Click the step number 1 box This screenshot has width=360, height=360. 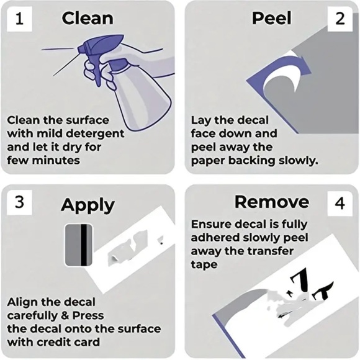[x=19, y=19]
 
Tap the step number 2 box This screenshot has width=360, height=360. [x=340, y=19]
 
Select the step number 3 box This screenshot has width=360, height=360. [x=19, y=202]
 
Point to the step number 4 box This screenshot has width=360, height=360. [x=340, y=203]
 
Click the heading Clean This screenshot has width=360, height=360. [x=88, y=19]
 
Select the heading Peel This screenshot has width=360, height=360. [x=272, y=18]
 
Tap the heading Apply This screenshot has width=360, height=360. [x=88, y=205]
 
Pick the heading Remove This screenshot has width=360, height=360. [x=272, y=202]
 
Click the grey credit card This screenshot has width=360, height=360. [x=79, y=245]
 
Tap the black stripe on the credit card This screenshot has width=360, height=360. [x=84, y=245]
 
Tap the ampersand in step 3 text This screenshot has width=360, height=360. [x=65, y=315]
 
